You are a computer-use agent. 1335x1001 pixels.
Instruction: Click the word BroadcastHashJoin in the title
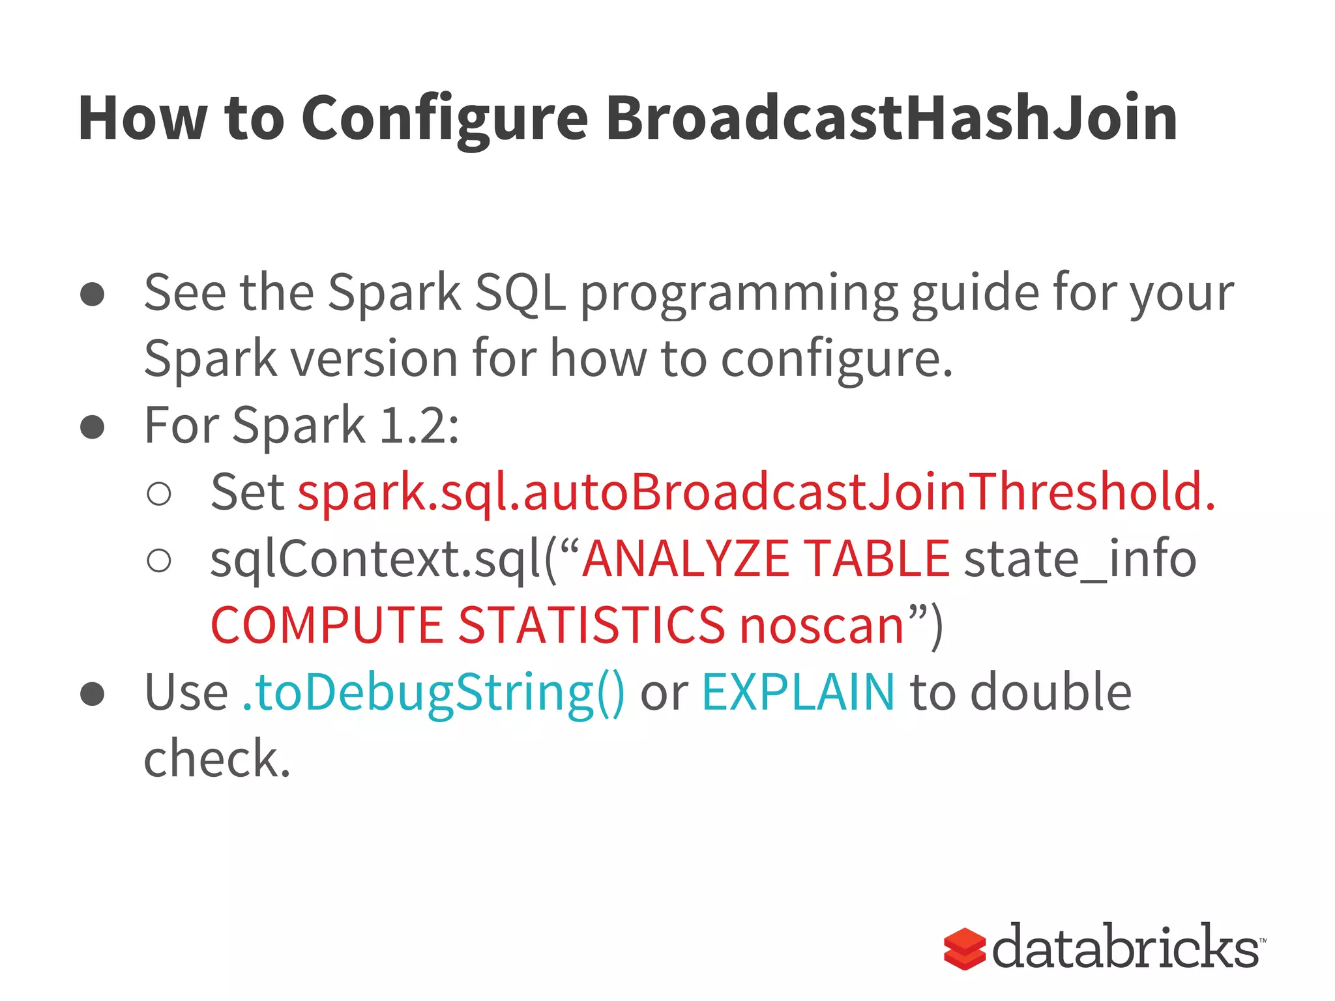pyautogui.click(x=891, y=119)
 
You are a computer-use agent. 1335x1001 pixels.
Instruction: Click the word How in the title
pyautogui.click(x=142, y=119)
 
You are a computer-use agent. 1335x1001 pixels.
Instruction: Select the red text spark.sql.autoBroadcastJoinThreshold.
pyautogui.click(x=756, y=492)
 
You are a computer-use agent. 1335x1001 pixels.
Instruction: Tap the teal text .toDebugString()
pyautogui.click(x=433, y=692)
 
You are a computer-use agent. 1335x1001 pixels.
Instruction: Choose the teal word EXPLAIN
pyautogui.click(x=798, y=692)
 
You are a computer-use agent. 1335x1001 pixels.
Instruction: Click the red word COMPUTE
pyautogui.click(x=327, y=626)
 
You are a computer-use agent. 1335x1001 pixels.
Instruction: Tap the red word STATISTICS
pyautogui.click(x=592, y=626)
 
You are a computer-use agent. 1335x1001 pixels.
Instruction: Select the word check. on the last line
pyautogui.click(x=216, y=759)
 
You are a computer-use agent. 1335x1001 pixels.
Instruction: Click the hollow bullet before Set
pyautogui.click(x=159, y=493)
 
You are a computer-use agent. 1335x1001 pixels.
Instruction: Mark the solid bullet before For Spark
pyautogui.click(x=93, y=428)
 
